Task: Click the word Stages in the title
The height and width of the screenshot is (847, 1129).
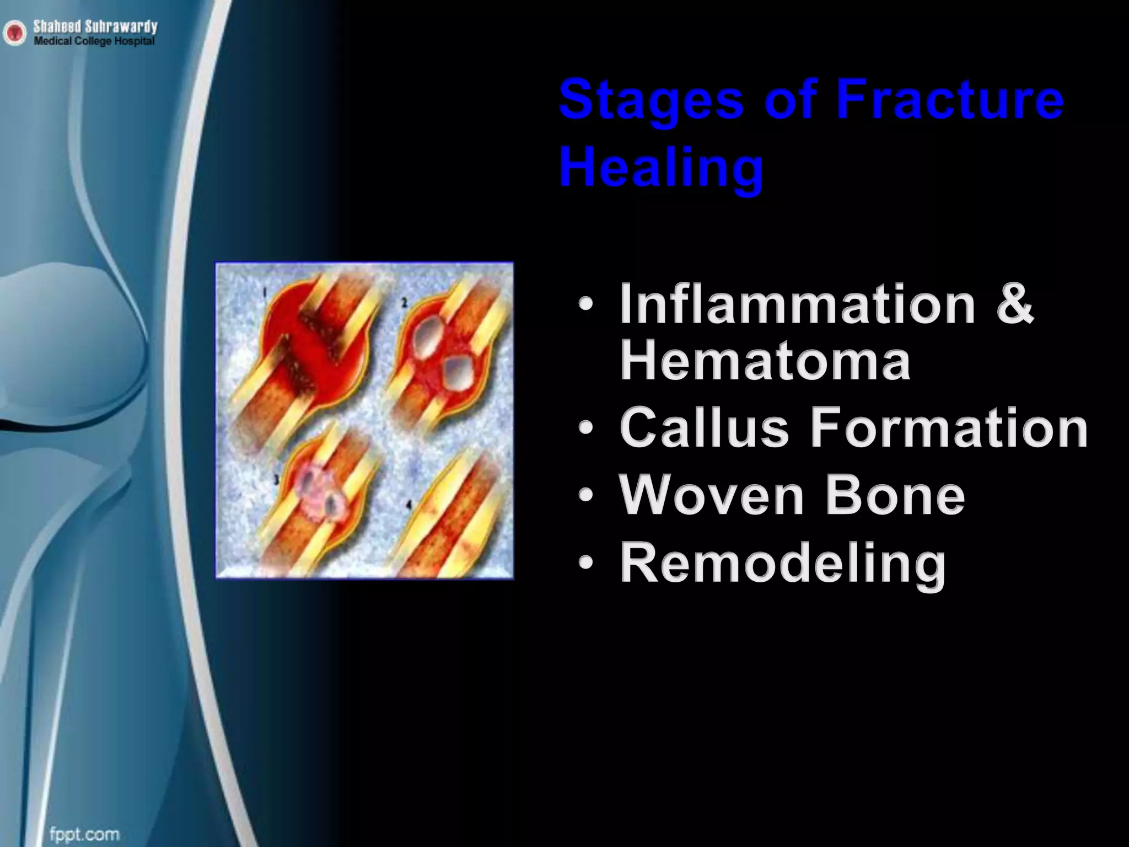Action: [x=651, y=101]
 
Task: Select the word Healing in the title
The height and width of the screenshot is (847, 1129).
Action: [x=661, y=166]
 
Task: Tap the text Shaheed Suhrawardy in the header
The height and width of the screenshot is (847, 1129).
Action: [x=95, y=26]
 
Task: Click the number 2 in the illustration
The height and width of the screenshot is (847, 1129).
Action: [x=404, y=302]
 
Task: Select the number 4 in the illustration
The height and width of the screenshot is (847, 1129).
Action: [x=408, y=503]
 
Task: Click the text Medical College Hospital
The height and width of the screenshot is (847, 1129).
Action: [x=94, y=41]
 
